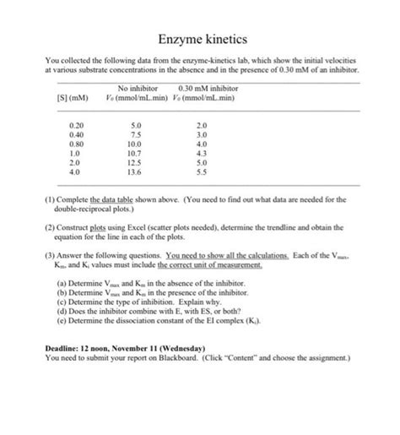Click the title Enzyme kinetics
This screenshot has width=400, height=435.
tap(199, 40)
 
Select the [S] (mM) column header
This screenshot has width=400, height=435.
tap(74, 98)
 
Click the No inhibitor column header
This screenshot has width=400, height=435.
tap(138, 88)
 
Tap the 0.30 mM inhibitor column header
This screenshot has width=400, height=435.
tap(208, 88)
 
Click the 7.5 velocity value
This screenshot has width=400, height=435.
tap(137, 133)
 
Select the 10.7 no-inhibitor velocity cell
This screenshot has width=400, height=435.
tap(137, 153)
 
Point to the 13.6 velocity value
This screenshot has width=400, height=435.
tap(137, 171)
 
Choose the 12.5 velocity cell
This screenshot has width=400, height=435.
tap(137, 162)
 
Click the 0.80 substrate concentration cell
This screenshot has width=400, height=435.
tap(76, 144)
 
